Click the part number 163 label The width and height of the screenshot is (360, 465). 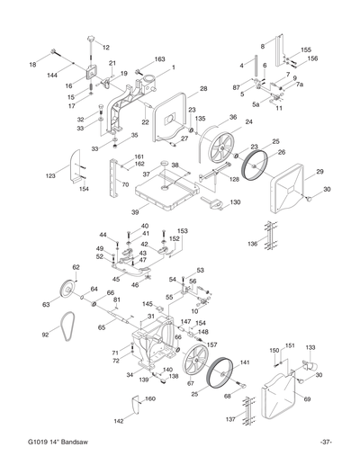(x=159, y=59)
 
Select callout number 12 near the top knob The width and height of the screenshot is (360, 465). (x=106, y=47)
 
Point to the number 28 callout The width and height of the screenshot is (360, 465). (x=203, y=88)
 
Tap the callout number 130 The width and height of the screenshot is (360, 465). (x=235, y=202)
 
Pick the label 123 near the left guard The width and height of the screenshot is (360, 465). (x=50, y=176)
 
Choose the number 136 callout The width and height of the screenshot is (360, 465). (x=252, y=243)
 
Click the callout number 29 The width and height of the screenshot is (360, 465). (x=319, y=171)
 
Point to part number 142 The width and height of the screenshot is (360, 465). (x=118, y=420)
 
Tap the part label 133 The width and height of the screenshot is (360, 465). (x=310, y=345)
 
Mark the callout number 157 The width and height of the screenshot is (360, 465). (x=212, y=344)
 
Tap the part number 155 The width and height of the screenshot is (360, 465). (x=306, y=49)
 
